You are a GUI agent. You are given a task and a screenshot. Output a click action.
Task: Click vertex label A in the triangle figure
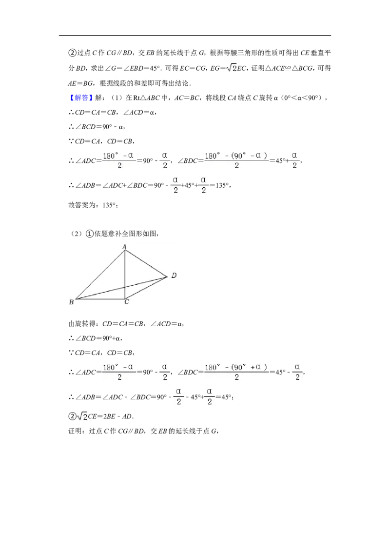pos(124,247)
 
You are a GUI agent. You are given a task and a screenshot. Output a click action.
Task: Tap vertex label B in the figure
pos(72,302)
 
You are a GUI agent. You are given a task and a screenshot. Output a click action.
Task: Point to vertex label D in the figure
pos(174,276)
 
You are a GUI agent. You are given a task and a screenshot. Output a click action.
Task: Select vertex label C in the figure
pos(127,302)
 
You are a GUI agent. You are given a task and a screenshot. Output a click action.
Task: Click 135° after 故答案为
pos(109,205)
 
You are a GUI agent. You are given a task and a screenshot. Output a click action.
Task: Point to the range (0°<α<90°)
pos(303,98)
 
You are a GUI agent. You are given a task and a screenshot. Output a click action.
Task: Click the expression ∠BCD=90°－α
pos(100,127)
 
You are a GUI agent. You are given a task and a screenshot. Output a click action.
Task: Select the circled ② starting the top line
pos(72,53)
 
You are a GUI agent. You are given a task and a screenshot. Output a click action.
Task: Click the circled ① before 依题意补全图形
pos(90,234)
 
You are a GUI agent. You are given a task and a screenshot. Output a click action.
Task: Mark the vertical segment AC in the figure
pos(125,275)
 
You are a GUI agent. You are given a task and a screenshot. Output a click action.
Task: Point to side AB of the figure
pos(99,275)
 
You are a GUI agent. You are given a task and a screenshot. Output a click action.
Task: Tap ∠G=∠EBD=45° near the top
pos(133,68)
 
